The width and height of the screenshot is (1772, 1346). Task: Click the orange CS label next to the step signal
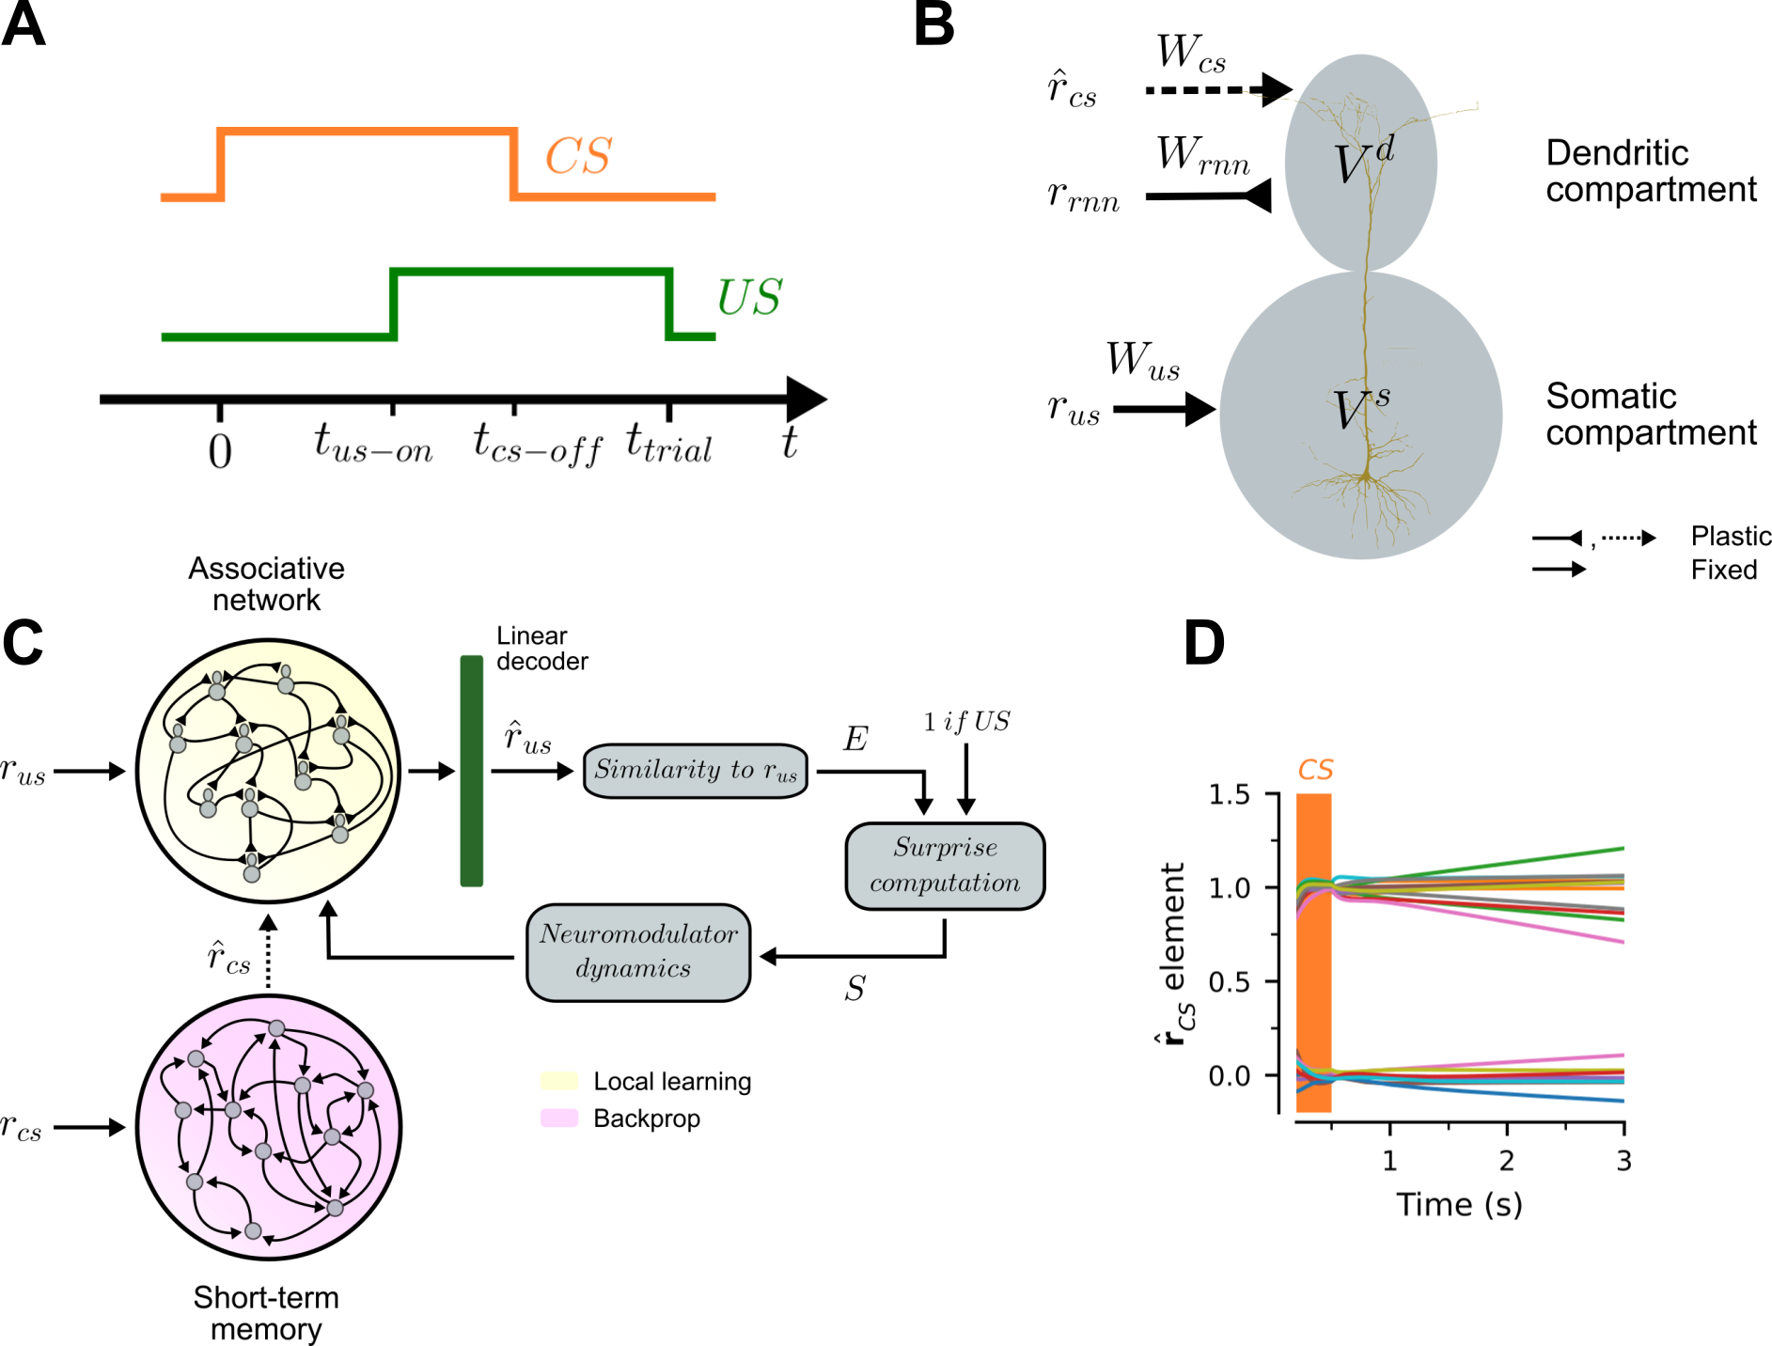(x=578, y=156)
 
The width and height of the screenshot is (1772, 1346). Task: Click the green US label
(x=749, y=298)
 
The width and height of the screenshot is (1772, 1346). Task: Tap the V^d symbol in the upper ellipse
(x=1363, y=162)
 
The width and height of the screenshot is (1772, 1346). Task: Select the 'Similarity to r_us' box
(x=696, y=771)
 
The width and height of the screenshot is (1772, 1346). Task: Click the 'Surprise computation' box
(x=945, y=866)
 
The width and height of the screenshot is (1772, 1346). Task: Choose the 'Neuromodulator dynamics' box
(x=638, y=952)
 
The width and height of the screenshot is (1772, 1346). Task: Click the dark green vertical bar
(x=472, y=771)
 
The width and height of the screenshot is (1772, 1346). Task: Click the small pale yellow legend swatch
(x=559, y=1081)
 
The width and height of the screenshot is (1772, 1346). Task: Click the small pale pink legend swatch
(x=559, y=1118)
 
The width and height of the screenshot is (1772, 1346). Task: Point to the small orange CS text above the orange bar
(x=1315, y=770)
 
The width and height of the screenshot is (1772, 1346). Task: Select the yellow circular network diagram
(x=269, y=771)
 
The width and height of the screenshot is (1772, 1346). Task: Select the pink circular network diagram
(x=269, y=1127)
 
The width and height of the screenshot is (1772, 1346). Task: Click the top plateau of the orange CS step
(x=369, y=132)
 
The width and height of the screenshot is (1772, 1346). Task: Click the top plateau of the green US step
(x=532, y=273)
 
